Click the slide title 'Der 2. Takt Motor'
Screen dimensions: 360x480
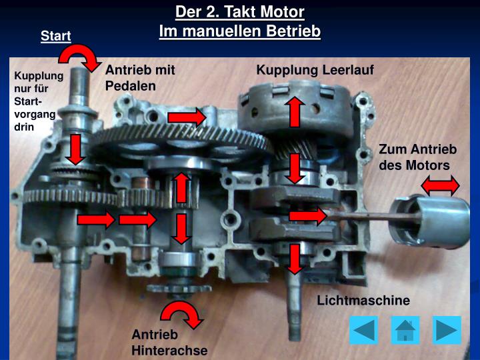pos(240,12)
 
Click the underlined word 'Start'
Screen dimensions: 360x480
pos(56,36)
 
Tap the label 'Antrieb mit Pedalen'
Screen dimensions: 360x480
pos(140,78)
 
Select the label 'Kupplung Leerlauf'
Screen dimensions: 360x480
pos(315,70)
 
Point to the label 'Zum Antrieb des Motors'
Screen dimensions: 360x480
pos(417,157)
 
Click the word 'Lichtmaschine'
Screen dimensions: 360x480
pos(363,301)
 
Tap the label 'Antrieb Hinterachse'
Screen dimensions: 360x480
pos(169,342)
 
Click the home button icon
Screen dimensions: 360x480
pos(405,330)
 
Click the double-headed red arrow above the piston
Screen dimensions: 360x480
pos(441,185)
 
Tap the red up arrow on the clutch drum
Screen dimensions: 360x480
pos(294,111)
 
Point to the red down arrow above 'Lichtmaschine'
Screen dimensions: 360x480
pos(294,259)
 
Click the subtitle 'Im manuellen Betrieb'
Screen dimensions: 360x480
pos(240,31)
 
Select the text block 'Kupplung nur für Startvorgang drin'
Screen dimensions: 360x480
pos(39,101)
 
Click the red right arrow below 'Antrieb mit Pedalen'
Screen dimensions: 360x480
pos(187,118)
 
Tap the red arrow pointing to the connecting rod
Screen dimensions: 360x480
pos(307,215)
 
